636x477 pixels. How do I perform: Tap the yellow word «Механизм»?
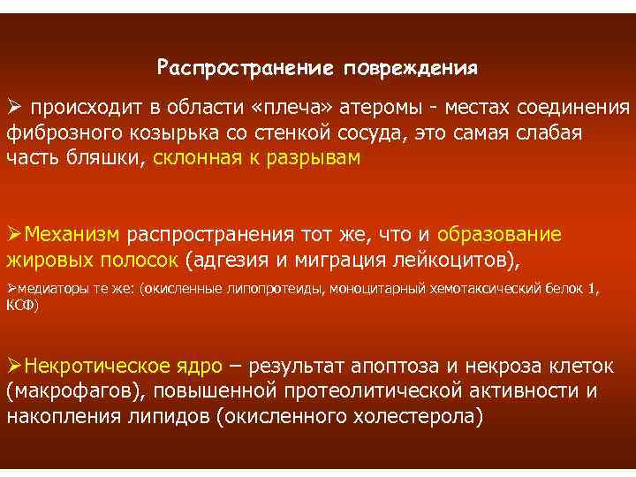74,235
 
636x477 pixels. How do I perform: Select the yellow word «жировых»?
48,260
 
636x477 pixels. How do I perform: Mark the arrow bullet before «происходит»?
15,108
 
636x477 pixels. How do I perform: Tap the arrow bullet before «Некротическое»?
15,367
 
